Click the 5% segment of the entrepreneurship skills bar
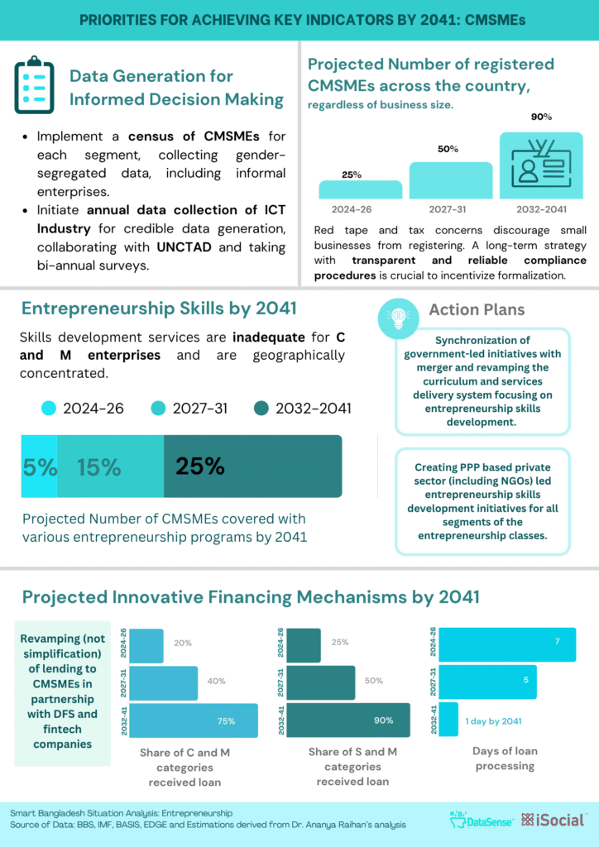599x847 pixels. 39,467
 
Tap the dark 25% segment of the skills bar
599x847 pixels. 252,467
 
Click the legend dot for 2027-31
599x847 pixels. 157,409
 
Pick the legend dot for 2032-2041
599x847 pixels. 261,409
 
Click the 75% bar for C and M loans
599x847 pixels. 194,720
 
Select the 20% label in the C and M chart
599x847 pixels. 184,642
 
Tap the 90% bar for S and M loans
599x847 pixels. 347,720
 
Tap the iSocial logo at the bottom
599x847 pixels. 553,820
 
